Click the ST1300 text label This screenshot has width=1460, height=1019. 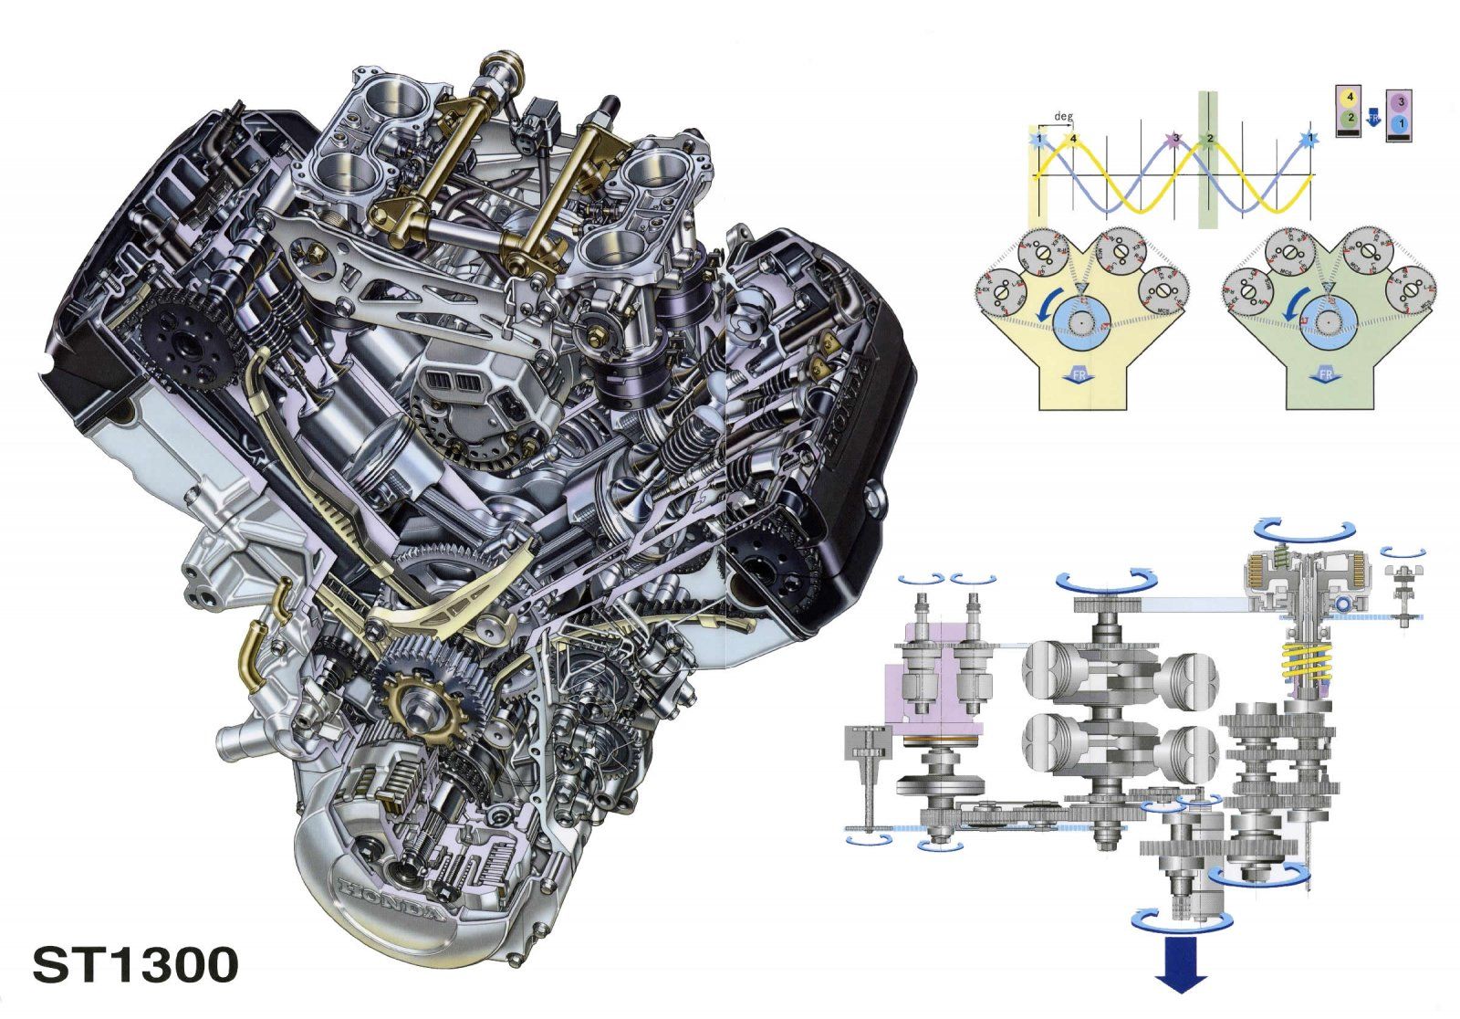135,965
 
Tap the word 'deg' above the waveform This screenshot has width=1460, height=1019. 1062,117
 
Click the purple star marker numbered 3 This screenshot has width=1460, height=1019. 1174,139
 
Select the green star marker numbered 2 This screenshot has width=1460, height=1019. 1209,139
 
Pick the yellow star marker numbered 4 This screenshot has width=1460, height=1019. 1073,139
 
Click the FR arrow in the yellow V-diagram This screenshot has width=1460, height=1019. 1079,376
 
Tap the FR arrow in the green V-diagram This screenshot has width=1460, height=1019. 1325,376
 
